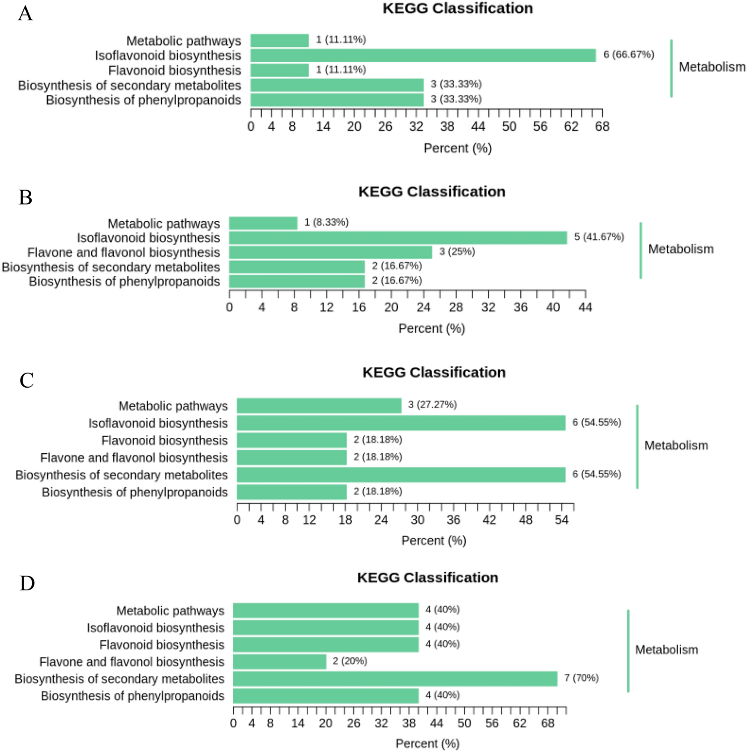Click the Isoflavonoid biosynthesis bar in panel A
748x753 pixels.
(x=423, y=55)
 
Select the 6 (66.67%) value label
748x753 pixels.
(x=628, y=54)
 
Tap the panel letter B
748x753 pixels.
(x=25, y=197)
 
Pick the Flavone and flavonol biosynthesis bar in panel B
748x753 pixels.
(x=330, y=252)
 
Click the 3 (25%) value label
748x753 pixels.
(x=457, y=252)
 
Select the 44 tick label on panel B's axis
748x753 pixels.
(x=585, y=307)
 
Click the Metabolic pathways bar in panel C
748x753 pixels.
(x=319, y=406)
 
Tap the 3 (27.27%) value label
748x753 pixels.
(x=432, y=404)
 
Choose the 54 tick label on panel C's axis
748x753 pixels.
(x=562, y=520)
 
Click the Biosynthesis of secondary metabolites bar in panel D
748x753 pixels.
(x=395, y=678)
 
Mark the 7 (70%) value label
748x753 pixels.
(x=581, y=678)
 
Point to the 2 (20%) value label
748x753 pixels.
(x=350, y=661)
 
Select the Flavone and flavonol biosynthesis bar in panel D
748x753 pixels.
(x=279, y=662)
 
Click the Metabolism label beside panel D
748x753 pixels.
(x=666, y=650)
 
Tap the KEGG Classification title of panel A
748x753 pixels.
(x=458, y=8)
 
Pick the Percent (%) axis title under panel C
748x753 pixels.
(x=433, y=541)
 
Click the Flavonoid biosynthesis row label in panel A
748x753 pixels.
(x=174, y=71)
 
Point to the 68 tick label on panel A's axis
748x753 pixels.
(x=602, y=126)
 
